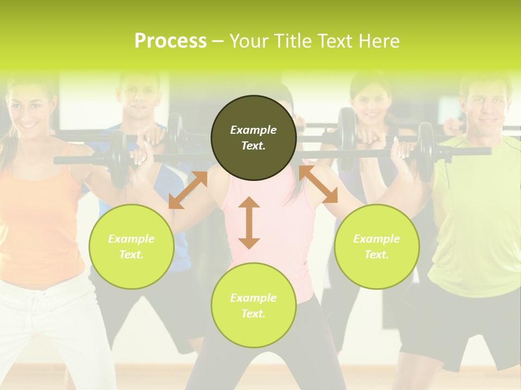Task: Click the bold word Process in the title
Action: coord(170,41)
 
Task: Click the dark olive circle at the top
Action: coord(253,138)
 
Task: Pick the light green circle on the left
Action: coord(131,246)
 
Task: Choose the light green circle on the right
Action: coord(377,246)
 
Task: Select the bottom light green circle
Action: coord(253,305)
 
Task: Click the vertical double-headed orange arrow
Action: coord(249,223)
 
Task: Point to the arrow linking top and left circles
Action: coord(188,190)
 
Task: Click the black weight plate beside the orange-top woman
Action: coord(118,158)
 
